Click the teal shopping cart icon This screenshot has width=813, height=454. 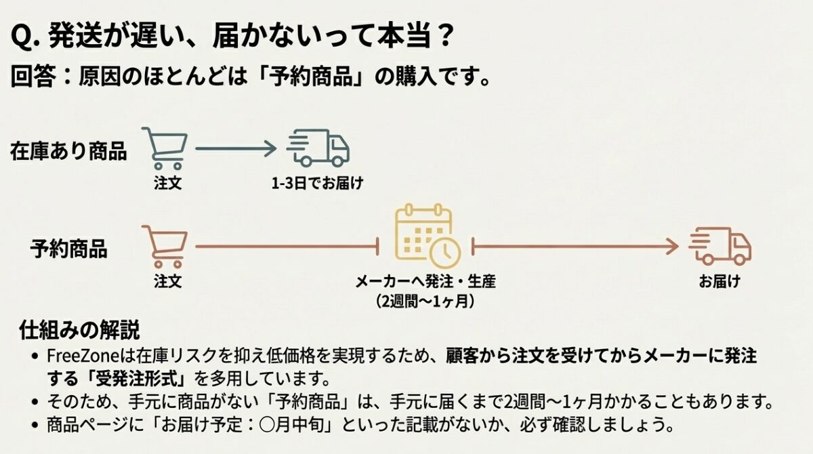pos(166,148)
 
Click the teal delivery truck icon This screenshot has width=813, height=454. pos(318,148)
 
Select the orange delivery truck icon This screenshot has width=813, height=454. pos(720,245)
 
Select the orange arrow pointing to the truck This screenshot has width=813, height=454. pos(576,247)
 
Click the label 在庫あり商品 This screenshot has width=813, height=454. pos(68,151)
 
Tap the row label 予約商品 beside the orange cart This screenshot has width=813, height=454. pos(68,249)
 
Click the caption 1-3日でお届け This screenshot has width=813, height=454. pos(317,183)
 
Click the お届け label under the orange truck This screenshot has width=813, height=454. pos(720,281)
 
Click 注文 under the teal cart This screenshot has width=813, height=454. pos(167,183)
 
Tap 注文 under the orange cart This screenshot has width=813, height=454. pos(167,281)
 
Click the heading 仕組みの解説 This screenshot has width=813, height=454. pos(80,331)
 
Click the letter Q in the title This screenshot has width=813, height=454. pos(22,38)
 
